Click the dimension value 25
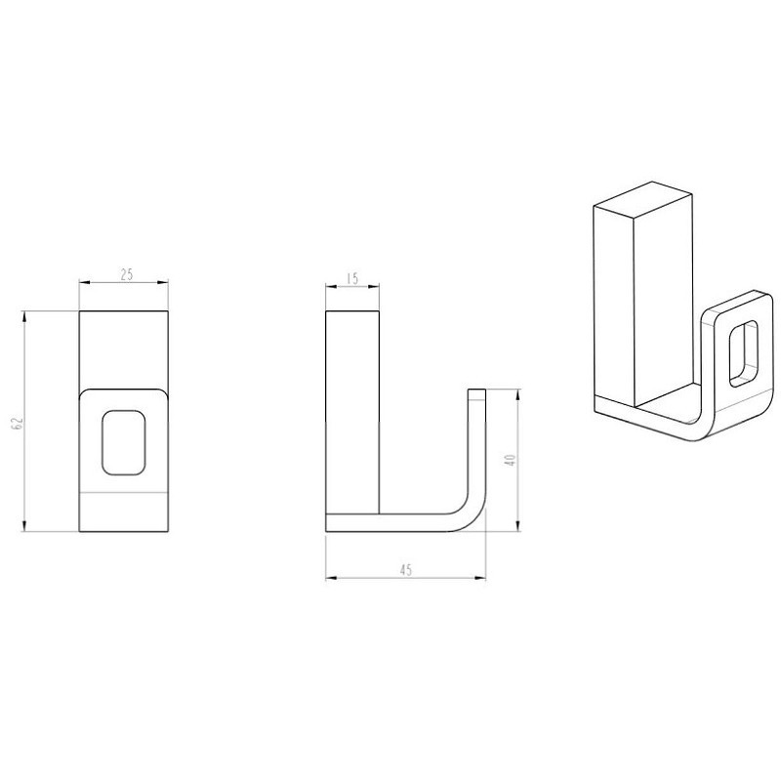click(x=127, y=274)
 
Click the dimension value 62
click(x=18, y=423)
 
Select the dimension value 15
click(x=352, y=278)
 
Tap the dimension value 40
click(x=510, y=460)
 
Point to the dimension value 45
click(x=406, y=570)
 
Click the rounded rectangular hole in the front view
click(x=124, y=442)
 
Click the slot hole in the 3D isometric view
click(x=744, y=353)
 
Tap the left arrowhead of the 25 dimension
click(x=85, y=283)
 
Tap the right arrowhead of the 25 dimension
click(x=162, y=283)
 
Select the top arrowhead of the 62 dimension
click(x=23, y=317)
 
